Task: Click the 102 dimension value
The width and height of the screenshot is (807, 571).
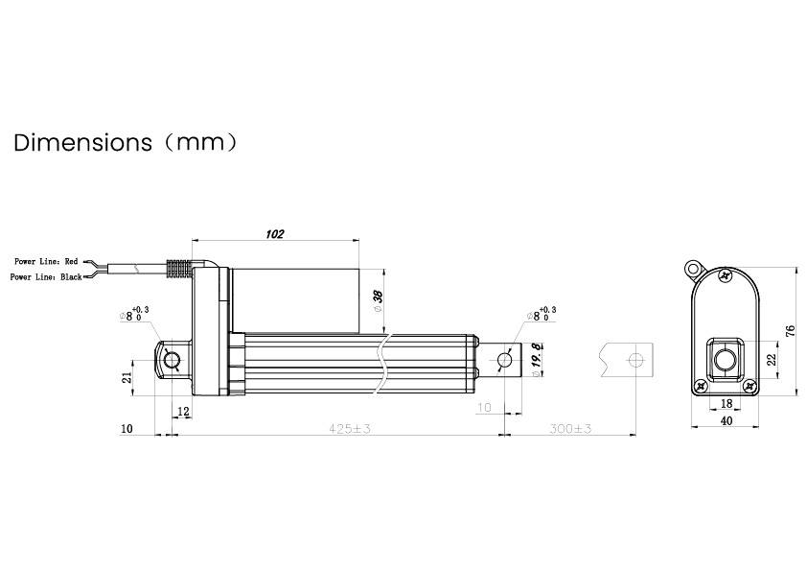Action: (274, 233)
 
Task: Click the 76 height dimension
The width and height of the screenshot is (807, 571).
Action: (791, 331)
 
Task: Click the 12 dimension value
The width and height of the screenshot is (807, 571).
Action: (184, 412)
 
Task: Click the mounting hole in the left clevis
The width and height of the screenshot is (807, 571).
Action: (172, 361)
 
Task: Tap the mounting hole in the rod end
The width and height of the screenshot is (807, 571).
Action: (505, 360)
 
